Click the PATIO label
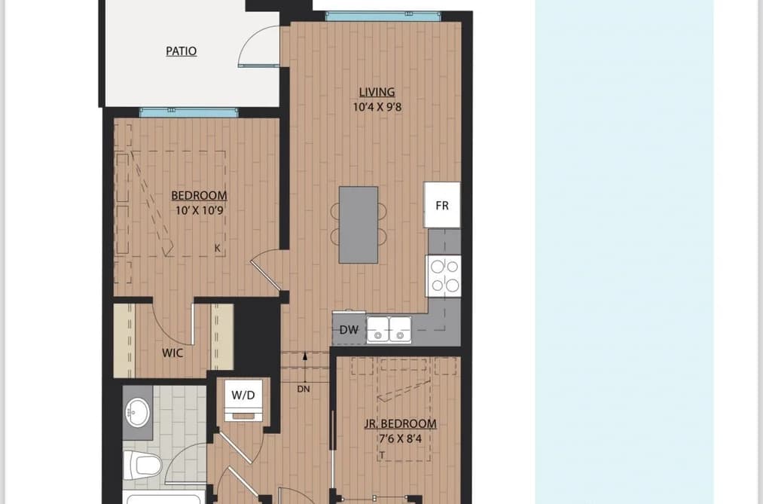[x=181, y=51]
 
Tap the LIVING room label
[x=377, y=92]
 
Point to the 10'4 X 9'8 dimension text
[x=377, y=107]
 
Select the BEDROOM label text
[x=199, y=196]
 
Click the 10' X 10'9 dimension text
[x=200, y=211]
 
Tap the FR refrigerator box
[x=442, y=205]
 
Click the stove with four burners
[x=444, y=276]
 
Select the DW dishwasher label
[x=349, y=330]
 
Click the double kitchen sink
[x=389, y=329]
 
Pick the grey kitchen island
[x=359, y=225]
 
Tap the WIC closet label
[x=172, y=353]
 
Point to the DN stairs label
[x=303, y=389]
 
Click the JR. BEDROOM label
[x=401, y=423]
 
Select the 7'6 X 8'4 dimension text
[x=401, y=438]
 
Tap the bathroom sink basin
[x=138, y=412]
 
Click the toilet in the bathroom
[x=142, y=466]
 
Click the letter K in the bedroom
[x=218, y=248]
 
